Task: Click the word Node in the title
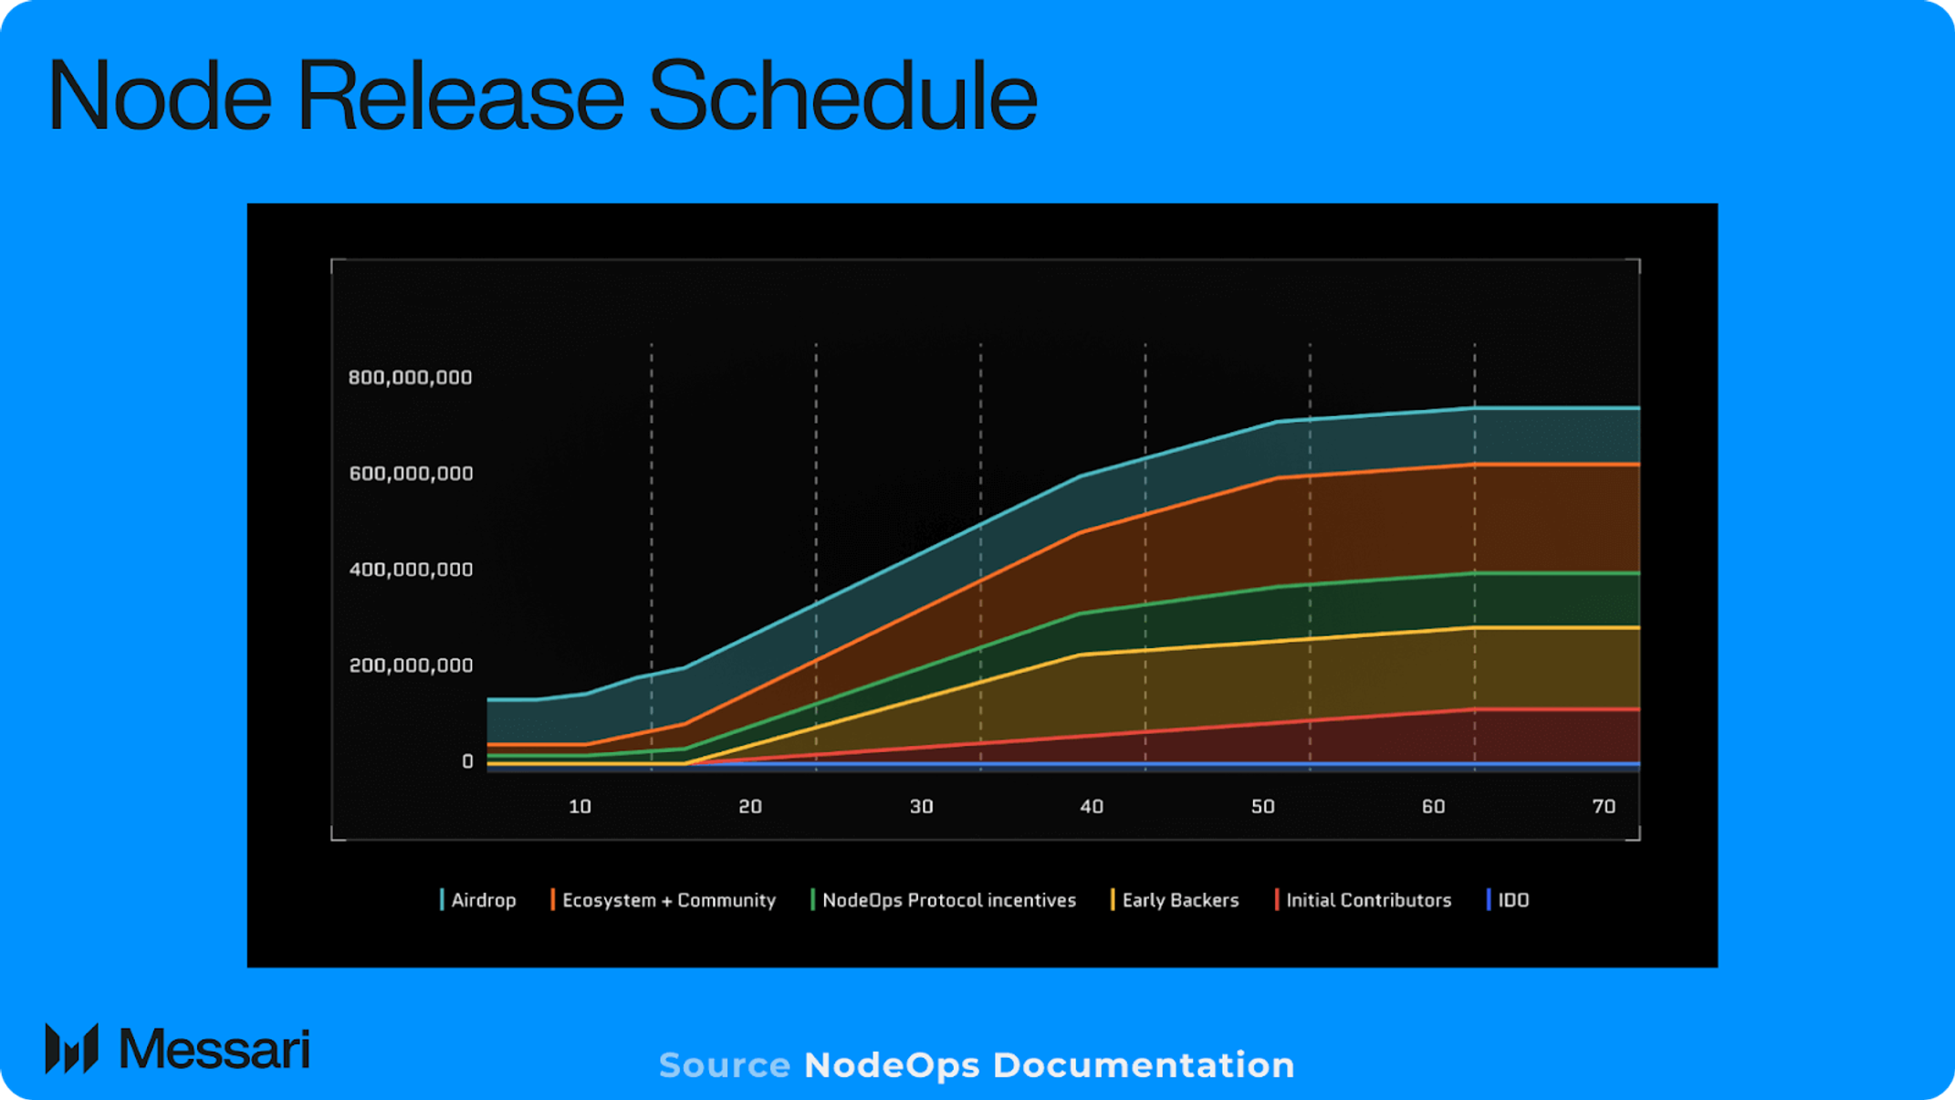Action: point(160,96)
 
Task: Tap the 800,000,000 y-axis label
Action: point(410,378)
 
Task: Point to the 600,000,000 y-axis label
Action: point(411,474)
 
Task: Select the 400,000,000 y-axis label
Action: point(411,570)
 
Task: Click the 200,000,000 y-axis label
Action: point(411,665)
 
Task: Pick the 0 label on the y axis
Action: point(467,761)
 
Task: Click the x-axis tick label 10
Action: point(580,807)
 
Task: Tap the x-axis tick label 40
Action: point(1092,807)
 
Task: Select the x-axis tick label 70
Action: point(1604,807)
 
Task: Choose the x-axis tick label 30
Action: point(921,807)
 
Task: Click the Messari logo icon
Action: point(71,1049)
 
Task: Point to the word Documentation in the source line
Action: point(1143,1065)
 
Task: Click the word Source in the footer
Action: point(725,1065)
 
